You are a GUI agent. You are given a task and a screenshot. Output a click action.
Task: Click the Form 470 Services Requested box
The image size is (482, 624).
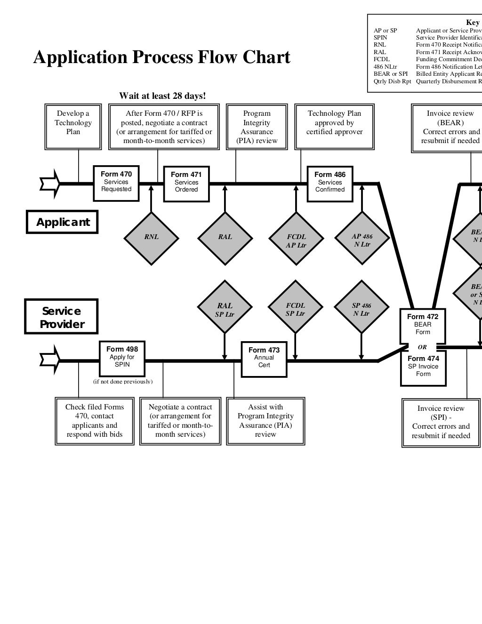[116, 182]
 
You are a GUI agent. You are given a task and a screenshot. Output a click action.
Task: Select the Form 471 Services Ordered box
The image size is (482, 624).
[186, 183]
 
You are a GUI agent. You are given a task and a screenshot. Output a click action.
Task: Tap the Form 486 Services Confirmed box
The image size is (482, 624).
[329, 183]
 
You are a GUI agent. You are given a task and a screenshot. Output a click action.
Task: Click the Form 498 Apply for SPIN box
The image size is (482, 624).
[122, 357]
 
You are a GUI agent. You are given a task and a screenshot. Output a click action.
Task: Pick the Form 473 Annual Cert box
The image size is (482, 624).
[264, 358]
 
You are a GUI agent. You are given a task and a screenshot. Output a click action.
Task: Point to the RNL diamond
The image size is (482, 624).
[151, 238]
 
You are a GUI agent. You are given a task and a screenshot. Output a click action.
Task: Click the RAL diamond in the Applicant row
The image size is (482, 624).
[225, 238]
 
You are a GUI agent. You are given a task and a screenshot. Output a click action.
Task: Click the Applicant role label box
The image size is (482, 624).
[62, 222]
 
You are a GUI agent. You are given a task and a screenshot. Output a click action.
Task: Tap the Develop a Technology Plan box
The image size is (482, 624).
[73, 127]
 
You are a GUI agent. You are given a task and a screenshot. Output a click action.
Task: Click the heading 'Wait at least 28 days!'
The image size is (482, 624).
[162, 96]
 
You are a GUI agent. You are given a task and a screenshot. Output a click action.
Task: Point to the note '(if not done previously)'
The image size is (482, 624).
[122, 381]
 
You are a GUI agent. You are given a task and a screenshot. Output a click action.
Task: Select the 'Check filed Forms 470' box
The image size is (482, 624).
[94, 421]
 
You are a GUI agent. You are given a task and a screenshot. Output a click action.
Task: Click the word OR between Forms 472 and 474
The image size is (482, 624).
[422, 347]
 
